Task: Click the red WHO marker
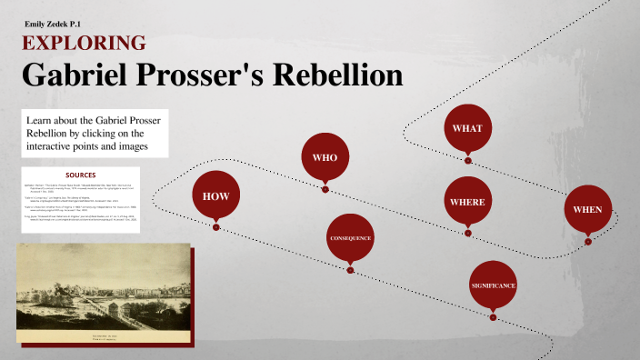point(325,157)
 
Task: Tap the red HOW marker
point(215,195)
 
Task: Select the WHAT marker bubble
point(467,128)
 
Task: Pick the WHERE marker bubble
point(467,201)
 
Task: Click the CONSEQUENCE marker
point(350,238)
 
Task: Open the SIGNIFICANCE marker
point(493,285)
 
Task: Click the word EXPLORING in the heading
point(83,43)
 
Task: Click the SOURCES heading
point(81,175)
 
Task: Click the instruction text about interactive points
point(85,134)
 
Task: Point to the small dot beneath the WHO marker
point(325,189)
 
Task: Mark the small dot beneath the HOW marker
point(215,227)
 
